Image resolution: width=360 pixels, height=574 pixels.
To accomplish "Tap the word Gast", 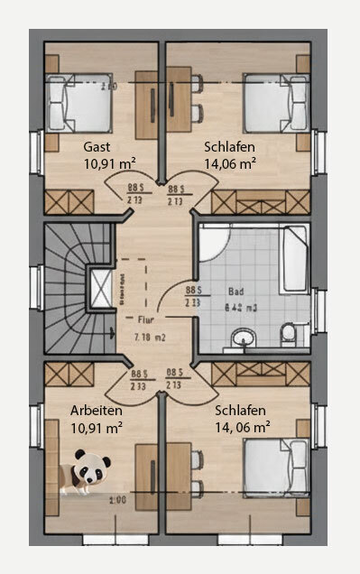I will (97, 146).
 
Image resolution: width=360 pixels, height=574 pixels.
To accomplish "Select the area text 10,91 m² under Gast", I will (109, 163).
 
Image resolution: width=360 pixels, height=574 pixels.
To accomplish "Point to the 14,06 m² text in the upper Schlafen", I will (228, 163).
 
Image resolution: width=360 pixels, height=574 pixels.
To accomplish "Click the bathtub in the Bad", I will (296, 262).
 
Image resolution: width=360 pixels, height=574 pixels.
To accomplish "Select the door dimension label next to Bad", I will (192, 297).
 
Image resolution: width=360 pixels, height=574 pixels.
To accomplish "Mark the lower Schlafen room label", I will (238, 409).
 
